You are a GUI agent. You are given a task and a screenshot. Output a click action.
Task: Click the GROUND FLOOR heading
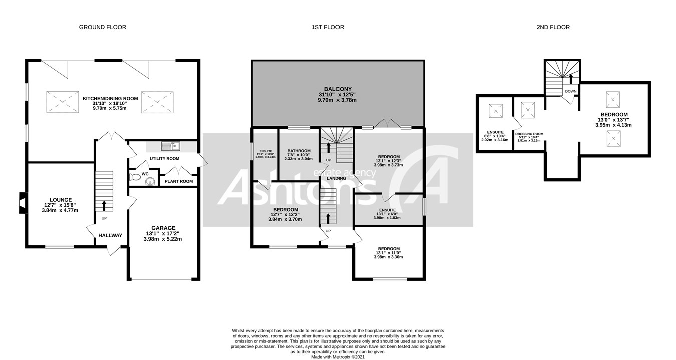(x=102, y=27)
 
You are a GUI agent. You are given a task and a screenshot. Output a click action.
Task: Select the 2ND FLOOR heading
(x=552, y=27)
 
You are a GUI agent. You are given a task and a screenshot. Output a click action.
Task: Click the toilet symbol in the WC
(x=135, y=177)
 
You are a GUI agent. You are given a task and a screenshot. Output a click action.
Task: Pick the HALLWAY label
(x=110, y=235)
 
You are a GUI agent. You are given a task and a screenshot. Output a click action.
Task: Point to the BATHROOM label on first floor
(x=299, y=151)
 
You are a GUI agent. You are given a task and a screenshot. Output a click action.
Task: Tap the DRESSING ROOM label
(x=529, y=134)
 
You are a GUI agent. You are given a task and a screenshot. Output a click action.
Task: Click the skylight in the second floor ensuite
(x=495, y=109)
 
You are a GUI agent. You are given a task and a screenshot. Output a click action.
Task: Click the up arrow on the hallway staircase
(x=104, y=205)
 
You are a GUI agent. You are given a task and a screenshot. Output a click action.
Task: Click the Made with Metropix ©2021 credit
(x=338, y=357)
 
